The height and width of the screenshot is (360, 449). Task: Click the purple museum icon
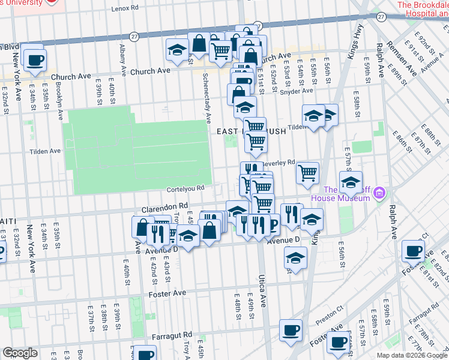pyautogui.click(x=379, y=193)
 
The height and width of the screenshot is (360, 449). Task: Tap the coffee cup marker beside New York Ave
pyautogui.click(x=35, y=59)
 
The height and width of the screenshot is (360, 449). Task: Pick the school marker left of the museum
pyautogui.click(x=351, y=182)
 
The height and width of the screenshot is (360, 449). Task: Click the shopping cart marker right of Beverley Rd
pyautogui.click(x=308, y=172)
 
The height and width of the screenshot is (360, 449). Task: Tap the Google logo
pyautogui.click(x=20, y=353)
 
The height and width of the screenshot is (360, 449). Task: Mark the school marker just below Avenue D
pyautogui.click(x=295, y=257)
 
